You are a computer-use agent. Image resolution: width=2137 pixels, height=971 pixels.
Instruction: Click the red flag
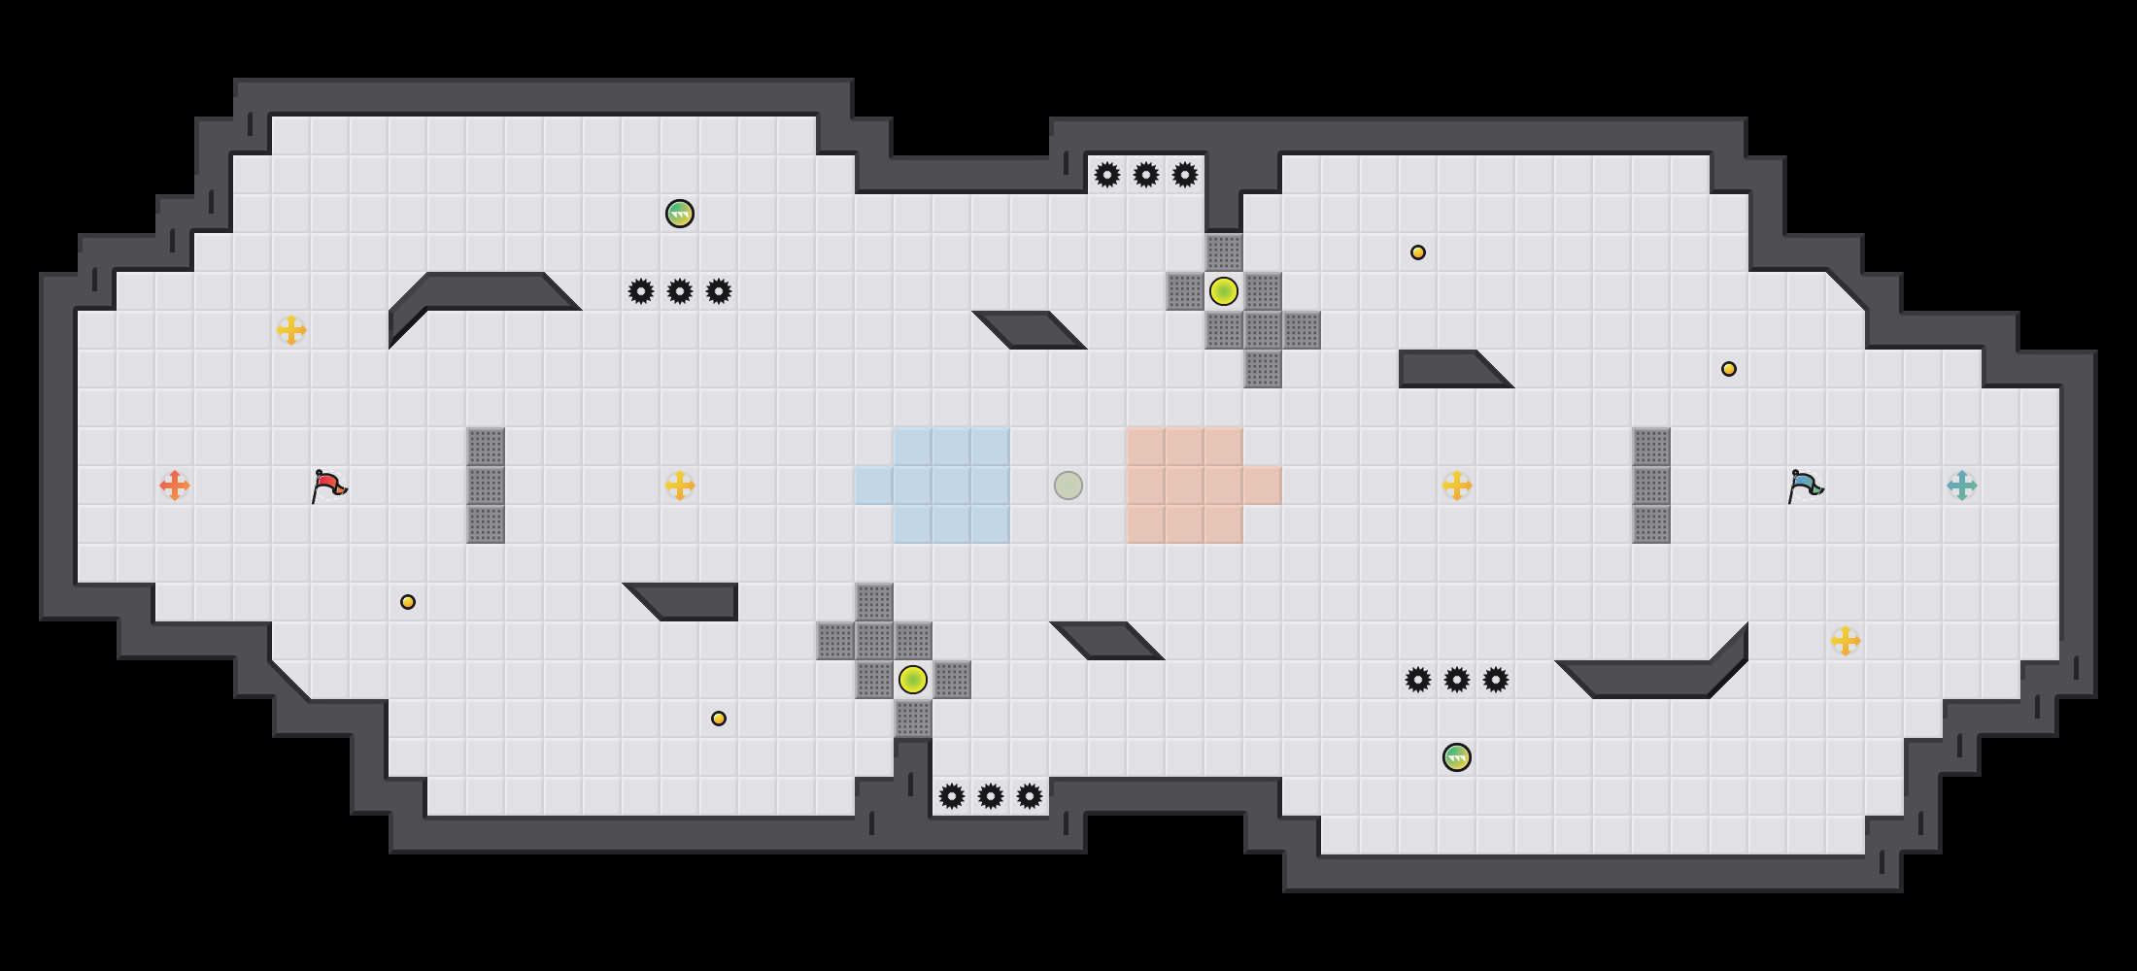coord(328,485)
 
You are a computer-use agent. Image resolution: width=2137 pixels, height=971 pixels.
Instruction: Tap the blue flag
coord(1805,485)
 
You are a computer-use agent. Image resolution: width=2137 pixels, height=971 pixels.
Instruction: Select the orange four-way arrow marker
coord(175,485)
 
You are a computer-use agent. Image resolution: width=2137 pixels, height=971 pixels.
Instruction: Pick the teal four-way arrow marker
coord(1962,485)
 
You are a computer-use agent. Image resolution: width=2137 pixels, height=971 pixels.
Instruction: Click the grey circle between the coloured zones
coord(1068,485)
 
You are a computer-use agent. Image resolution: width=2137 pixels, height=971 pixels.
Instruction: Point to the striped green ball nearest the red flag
coord(680,214)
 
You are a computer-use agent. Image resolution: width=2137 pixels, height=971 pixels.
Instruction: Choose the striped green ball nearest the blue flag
coord(1457,757)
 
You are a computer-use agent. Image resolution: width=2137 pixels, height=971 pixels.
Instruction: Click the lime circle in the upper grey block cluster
coord(1224,291)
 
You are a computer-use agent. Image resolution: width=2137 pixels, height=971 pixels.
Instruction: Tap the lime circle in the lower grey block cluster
coord(913,680)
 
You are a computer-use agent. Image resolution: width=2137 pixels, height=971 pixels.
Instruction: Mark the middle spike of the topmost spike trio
coord(1146,175)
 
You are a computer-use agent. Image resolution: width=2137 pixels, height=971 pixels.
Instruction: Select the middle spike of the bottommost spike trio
coord(991,796)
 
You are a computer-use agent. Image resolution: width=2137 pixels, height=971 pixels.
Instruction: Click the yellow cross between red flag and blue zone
coord(680,485)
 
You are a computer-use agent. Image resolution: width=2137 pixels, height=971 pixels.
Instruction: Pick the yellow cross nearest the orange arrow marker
coord(291,330)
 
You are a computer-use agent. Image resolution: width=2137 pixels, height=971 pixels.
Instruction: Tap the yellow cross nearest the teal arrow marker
coord(1846,641)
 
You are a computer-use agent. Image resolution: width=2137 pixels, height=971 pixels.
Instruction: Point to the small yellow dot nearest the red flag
coord(408,602)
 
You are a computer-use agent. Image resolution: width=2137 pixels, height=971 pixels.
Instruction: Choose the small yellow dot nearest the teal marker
coord(1729,369)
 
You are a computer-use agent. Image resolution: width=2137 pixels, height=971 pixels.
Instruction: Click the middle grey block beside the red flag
coord(486,485)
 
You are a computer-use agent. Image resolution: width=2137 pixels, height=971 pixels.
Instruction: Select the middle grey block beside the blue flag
coord(1651,485)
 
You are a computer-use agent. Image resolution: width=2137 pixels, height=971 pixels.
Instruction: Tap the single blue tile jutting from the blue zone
coord(874,485)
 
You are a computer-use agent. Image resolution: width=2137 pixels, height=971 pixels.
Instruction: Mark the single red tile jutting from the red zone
coord(1263,485)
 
